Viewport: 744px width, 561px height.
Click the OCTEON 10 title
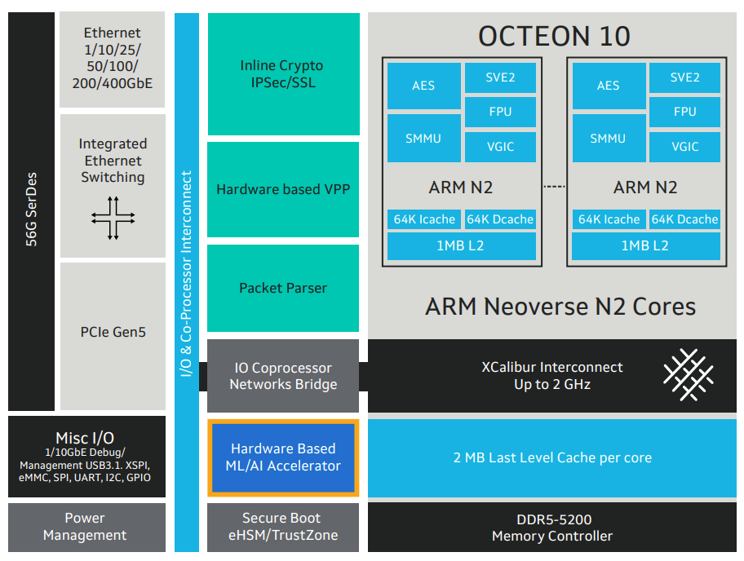coord(554,36)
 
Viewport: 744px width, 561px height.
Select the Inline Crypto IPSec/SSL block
coord(283,74)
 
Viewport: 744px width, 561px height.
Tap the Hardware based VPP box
coord(283,189)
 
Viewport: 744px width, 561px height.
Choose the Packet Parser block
coord(283,288)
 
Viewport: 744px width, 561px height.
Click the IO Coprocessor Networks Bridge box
coord(283,376)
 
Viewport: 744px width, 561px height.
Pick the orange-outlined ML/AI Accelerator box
coord(283,457)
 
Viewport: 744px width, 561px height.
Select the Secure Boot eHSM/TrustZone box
coord(283,527)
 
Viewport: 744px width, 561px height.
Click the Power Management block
coord(85,527)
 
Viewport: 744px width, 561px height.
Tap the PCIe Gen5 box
coord(113,332)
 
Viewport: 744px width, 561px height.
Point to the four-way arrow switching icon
coord(113,218)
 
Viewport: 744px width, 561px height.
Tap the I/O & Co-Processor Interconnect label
coord(187,273)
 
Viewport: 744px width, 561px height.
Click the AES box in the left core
coord(423,86)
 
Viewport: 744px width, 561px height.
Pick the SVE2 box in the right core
coord(684,77)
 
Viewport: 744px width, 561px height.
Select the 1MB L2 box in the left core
coord(462,245)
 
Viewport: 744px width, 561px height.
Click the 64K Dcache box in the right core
coord(684,219)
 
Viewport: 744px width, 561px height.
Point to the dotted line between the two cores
coord(554,188)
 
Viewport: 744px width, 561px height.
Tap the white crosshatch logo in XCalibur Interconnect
coord(688,376)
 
